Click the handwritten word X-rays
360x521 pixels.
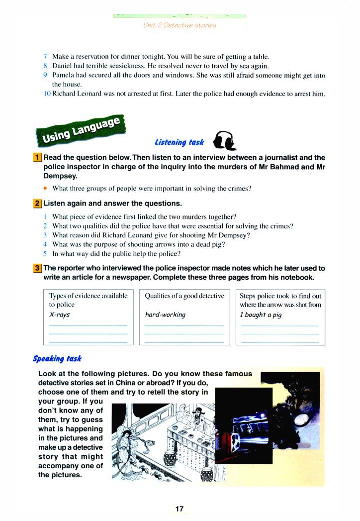(x=60, y=314)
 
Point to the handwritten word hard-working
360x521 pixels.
(x=165, y=314)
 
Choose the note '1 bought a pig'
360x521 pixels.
(x=261, y=314)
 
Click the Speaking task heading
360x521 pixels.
(x=57, y=358)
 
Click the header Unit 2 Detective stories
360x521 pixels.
(x=180, y=25)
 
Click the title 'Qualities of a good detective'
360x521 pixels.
(x=184, y=296)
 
